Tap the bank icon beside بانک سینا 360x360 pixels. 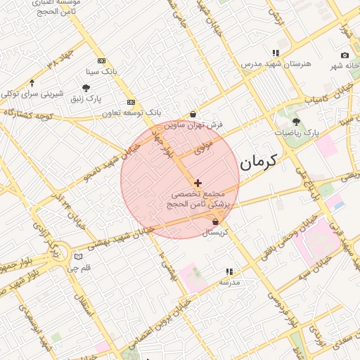coord(101,61)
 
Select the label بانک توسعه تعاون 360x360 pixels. coord(131,112)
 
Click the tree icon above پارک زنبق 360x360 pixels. coord(86,88)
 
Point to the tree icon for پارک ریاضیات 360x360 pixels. coord(296,122)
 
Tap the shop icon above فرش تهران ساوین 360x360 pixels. coord(193,114)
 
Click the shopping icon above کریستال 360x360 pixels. coord(214,222)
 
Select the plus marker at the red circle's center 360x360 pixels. coord(198,183)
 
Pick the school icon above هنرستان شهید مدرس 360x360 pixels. coord(276,53)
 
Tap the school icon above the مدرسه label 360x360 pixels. coord(229,271)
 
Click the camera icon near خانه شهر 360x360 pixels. coord(345,56)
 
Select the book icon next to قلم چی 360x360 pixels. coord(78,257)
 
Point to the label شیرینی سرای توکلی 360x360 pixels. coord(32,93)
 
